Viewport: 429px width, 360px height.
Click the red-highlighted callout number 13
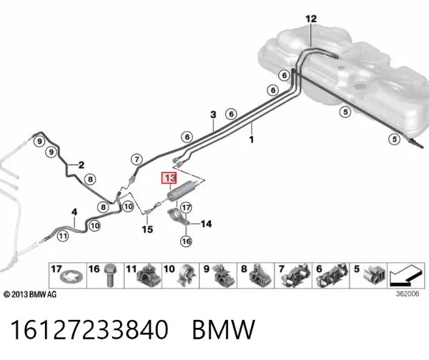(x=169, y=178)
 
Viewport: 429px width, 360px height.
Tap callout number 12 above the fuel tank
(x=311, y=19)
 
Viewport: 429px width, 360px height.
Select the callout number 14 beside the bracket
(x=207, y=224)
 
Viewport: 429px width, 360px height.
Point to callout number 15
(x=147, y=229)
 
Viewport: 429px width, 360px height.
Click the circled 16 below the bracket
(x=186, y=241)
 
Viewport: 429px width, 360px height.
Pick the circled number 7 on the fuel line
(x=137, y=159)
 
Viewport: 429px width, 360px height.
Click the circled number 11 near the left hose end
(x=63, y=236)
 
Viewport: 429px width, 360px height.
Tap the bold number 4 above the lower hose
(x=74, y=212)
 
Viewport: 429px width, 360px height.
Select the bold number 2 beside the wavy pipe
(x=82, y=165)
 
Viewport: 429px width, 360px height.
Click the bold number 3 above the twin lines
(x=213, y=114)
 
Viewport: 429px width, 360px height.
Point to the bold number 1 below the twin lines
(x=252, y=139)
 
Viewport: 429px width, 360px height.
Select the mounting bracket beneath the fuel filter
(x=178, y=216)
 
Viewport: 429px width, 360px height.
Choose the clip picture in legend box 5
(x=374, y=274)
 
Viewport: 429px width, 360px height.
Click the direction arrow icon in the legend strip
(x=406, y=275)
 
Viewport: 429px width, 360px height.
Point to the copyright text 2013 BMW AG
(x=30, y=294)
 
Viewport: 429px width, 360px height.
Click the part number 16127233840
(x=89, y=330)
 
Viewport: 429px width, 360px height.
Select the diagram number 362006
(x=408, y=294)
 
